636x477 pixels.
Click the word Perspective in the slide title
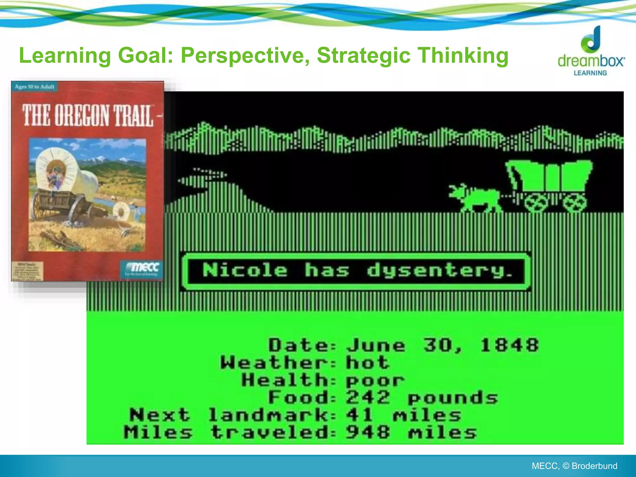[x=245, y=56]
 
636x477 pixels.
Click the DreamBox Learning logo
[x=591, y=53]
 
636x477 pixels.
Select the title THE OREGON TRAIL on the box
[x=88, y=116]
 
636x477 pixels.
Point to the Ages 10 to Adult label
[x=34, y=87]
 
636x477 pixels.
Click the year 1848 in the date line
[x=509, y=345]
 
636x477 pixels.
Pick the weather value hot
[x=367, y=362]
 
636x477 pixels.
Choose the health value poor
[x=375, y=380]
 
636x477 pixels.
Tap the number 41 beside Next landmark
[x=360, y=415]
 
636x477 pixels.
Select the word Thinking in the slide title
[x=463, y=56]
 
